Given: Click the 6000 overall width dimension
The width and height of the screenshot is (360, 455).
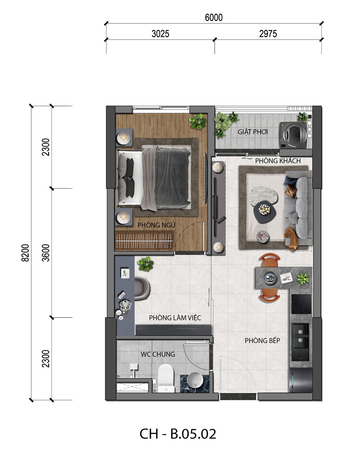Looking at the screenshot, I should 214,17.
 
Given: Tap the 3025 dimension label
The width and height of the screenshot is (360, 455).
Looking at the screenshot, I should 160,34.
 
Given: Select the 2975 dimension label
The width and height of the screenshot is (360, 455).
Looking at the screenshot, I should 268,34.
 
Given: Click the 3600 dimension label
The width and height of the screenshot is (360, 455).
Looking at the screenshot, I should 46,253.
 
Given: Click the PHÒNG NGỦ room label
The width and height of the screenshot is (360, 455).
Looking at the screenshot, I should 156,225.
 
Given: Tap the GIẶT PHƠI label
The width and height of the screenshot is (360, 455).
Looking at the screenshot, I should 252,132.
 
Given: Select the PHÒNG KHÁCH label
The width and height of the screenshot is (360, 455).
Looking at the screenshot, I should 278,161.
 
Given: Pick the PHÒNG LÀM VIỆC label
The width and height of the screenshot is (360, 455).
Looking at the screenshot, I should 175,318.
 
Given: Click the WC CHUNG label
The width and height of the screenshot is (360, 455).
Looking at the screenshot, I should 158,354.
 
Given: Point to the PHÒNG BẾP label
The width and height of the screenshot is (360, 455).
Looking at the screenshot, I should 262,341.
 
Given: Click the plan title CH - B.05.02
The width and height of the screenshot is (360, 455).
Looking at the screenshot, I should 177,434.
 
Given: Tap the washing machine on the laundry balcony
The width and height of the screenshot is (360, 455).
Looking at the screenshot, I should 294,135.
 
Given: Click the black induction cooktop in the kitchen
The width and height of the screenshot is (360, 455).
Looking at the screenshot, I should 301,304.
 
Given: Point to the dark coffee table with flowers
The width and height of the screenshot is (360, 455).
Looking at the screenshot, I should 265,212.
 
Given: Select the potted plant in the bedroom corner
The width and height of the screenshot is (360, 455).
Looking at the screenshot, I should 197,121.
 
